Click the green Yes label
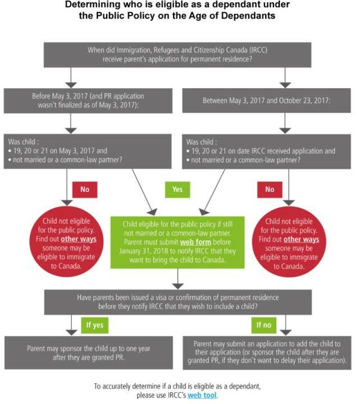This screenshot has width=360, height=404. tap(177, 190)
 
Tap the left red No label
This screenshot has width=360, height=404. tap(85, 190)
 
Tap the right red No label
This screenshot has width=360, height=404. tap(270, 190)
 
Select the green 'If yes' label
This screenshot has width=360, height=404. tap(95, 325)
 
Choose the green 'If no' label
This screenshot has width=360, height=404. tap(264, 325)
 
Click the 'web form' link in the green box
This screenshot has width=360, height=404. tap(195, 242)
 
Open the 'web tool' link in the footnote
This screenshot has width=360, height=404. tap(202, 395)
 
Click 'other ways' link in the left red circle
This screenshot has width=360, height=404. tap(79, 239)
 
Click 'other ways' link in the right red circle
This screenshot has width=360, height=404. tap(302, 240)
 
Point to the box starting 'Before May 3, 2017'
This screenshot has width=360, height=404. tap(88, 101)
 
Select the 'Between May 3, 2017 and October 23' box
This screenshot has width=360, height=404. tap(266, 100)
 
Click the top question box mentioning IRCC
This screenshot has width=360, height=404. tap(177, 55)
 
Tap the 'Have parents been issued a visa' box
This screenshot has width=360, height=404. tap(178, 302)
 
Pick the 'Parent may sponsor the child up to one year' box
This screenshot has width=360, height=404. tap(88, 353)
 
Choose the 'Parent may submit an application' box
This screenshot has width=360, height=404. tap(267, 353)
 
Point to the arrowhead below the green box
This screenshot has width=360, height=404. tap(177, 286)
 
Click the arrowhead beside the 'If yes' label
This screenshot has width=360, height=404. tap(71, 333)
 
